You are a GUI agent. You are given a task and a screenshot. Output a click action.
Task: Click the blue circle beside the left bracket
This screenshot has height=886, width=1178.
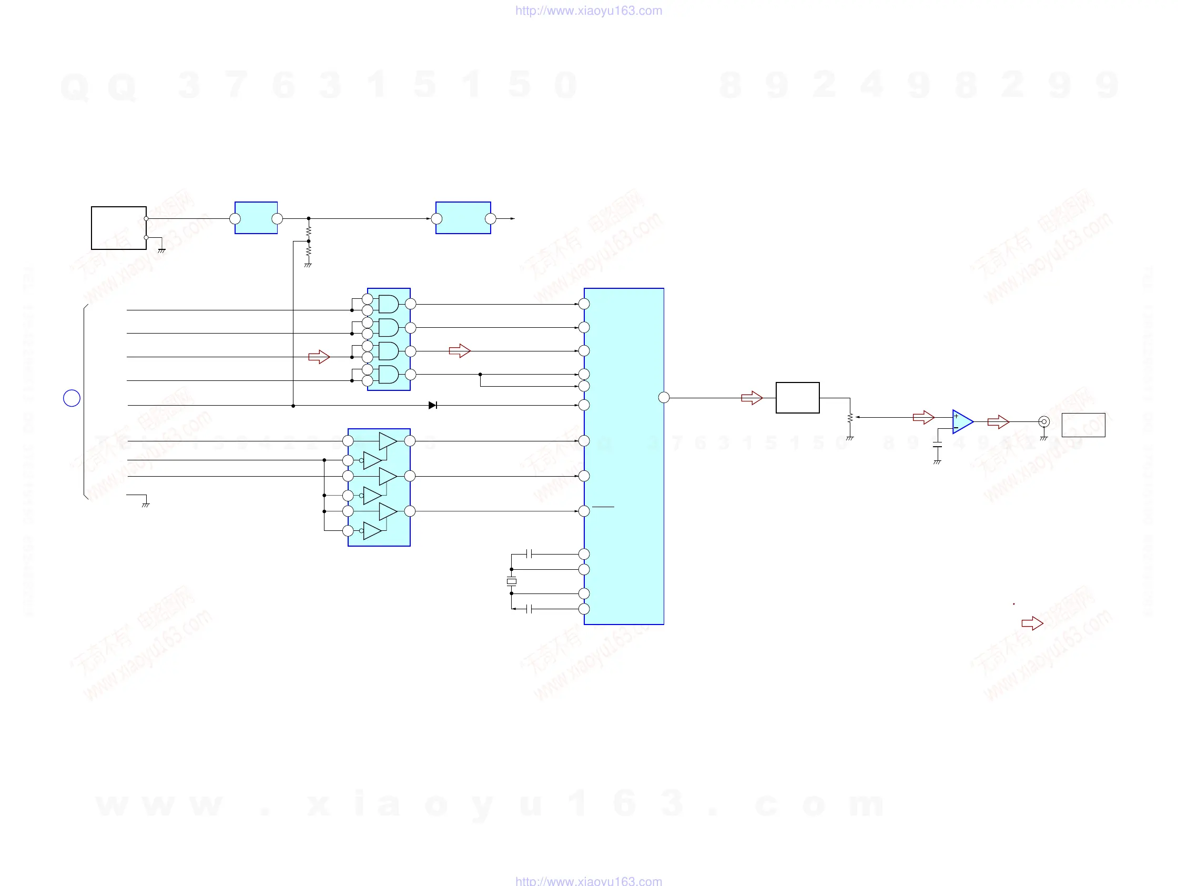click(x=72, y=398)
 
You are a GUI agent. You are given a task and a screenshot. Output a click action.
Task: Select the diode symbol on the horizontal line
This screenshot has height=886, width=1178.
click(x=432, y=406)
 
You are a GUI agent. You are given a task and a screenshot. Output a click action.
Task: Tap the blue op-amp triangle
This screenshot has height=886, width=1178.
click(x=962, y=421)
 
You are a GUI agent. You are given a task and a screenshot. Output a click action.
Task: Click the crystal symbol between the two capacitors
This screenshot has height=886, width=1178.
click(x=511, y=581)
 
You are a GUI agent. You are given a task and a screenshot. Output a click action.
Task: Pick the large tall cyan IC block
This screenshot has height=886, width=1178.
click(x=624, y=456)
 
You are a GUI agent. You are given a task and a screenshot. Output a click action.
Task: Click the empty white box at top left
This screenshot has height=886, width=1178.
click(x=119, y=228)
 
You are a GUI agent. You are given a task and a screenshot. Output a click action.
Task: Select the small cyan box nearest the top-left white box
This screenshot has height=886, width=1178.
click(x=256, y=218)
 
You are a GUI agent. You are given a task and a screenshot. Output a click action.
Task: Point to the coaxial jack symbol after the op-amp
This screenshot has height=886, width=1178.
click(x=1044, y=421)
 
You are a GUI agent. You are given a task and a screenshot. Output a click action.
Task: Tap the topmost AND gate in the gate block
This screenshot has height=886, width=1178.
click(x=388, y=304)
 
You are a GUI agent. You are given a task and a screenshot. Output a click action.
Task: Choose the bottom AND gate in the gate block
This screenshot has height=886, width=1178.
click(x=388, y=375)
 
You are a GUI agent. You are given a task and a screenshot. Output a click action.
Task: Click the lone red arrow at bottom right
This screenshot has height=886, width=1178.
click(x=1032, y=623)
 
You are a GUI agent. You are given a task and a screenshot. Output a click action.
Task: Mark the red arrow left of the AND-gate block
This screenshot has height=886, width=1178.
click(x=319, y=356)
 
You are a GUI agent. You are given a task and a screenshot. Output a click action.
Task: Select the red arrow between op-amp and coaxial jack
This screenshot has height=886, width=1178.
click(x=998, y=421)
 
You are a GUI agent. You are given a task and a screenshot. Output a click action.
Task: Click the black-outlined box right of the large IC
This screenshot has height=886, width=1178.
click(x=797, y=397)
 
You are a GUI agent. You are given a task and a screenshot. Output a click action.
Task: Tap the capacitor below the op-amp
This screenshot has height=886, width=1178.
click(x=937, y=445)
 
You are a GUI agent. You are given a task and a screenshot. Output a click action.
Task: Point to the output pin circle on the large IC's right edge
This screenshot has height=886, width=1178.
click(x=664, y=397)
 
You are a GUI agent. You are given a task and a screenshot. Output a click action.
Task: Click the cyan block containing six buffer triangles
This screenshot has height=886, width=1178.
click(x=379, y=487)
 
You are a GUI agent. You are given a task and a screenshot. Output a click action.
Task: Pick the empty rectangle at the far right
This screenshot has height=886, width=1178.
click(x=1083, y=425)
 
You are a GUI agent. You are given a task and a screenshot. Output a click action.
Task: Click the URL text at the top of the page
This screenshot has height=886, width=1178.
click(x=588, y=11)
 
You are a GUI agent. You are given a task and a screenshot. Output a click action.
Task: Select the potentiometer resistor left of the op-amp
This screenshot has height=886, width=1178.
click(x=850, y=418)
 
